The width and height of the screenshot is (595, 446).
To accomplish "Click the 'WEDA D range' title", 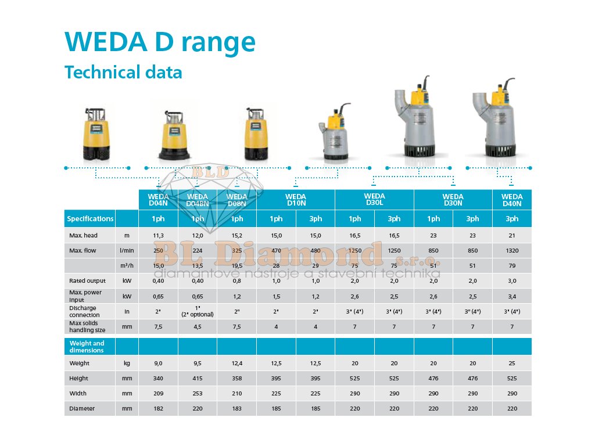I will tap(160, 42).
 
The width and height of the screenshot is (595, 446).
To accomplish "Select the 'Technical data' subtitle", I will tap(123, 73).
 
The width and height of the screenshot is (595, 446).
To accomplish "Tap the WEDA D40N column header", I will tap(511, 200).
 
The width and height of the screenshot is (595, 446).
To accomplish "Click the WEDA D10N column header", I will tap(295, 200).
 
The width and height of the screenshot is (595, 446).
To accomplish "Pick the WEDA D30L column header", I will tap(374, 200).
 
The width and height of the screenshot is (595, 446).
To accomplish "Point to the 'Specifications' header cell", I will tap(90, 219).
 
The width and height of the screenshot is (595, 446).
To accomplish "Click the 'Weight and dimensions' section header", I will tap(87, 347).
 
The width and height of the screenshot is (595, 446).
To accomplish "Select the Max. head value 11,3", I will tap(158, 236).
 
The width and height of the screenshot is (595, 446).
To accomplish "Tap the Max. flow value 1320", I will tap(511, 251).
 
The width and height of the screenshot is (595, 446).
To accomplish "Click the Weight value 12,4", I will tap(236, 364).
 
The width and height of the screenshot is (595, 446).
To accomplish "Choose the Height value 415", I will tap(198, 379).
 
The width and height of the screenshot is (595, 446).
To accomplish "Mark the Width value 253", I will tap(198, 394).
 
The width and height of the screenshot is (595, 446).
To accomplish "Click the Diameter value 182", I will tap(158, 409).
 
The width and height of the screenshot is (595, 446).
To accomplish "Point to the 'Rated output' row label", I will tap(87, 281).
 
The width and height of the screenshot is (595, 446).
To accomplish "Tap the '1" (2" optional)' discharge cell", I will tap(198, 311).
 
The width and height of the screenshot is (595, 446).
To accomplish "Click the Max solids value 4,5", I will tap(198, 326).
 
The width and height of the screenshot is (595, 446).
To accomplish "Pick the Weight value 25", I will tap(511, 364).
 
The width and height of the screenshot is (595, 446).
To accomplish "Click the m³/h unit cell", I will tap(127, 266).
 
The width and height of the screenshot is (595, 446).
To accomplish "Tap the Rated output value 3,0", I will tap(511, 281).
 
